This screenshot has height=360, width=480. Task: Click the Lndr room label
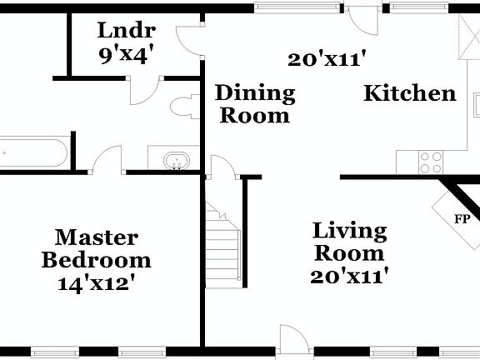126,32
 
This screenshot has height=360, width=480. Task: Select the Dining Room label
255,104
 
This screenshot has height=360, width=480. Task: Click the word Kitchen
410,93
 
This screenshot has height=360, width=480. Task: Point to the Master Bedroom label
97,248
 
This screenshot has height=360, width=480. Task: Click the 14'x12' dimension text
97,282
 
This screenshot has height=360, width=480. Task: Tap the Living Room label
349,242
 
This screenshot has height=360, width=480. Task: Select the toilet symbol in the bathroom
180,107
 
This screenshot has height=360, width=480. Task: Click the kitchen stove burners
432,160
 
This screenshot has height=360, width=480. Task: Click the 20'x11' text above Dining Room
328,59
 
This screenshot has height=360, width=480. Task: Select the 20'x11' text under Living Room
349,277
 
